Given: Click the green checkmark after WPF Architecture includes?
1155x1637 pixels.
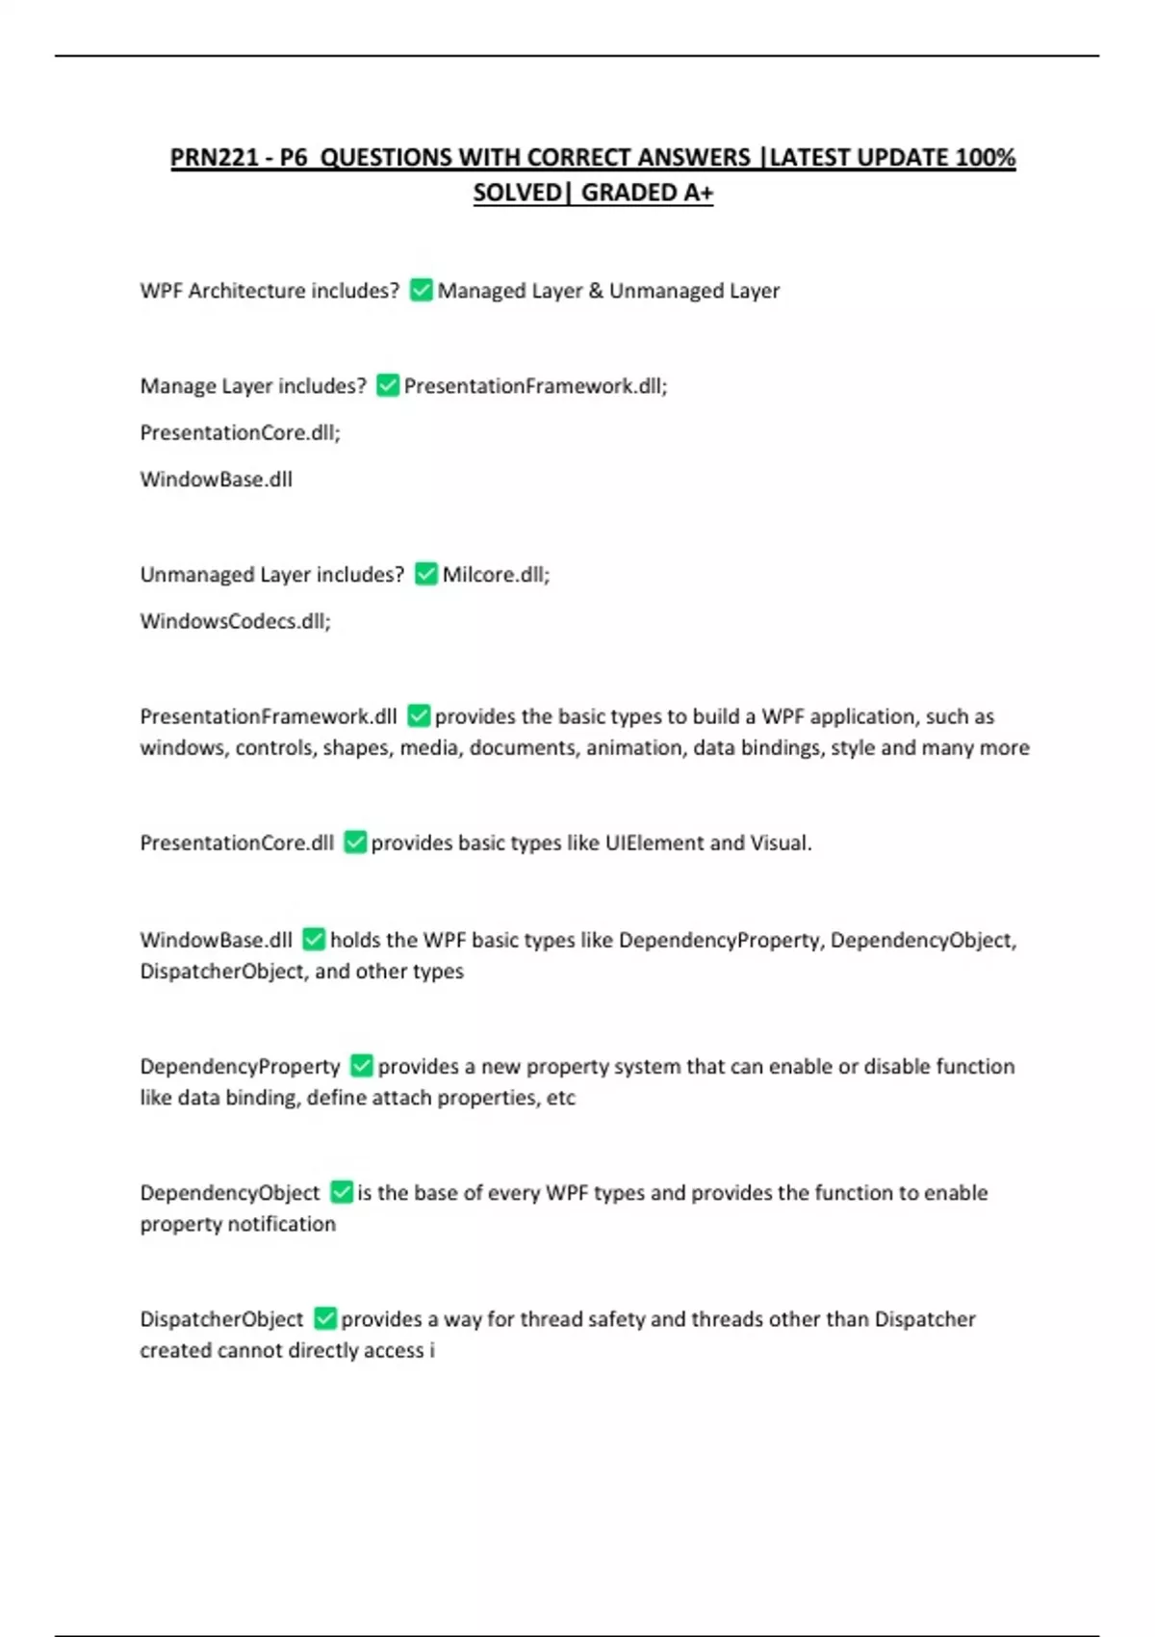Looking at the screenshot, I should coord(421,290).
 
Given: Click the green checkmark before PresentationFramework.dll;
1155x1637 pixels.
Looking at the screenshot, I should coord(388,385).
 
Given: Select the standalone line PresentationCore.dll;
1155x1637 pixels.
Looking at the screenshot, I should coord(240,432).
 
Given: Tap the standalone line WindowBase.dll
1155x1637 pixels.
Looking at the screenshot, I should coord(216,479).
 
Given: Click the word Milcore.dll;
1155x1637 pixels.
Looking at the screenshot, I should coord(496,574).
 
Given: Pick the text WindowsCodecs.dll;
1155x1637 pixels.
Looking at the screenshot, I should coord(235,621).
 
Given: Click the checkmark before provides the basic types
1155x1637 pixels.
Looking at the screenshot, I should coord(419,715).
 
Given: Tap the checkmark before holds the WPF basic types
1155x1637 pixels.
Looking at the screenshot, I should coord(314,939).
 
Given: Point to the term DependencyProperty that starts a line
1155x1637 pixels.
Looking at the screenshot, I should coord(240,1066).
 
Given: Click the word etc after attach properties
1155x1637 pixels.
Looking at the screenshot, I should coord(560,1098).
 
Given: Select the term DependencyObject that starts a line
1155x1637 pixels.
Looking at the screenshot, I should coord(229,1192).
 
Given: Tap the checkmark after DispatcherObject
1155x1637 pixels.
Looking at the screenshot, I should coord(325,1318).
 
